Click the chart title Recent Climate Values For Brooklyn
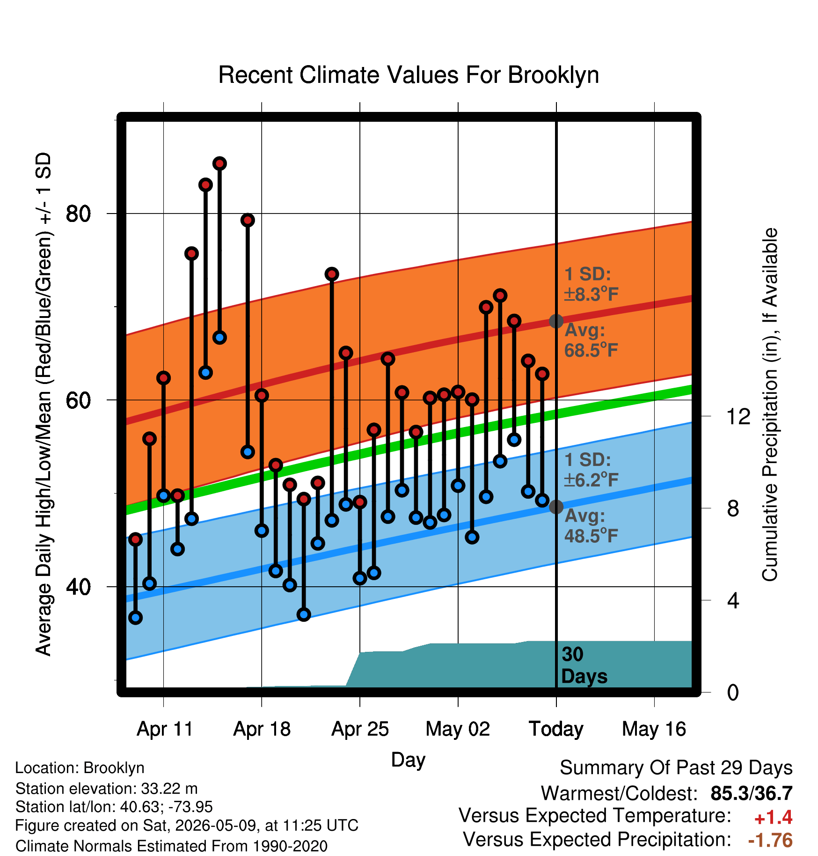click(409, 75)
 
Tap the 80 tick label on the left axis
click(78, 214)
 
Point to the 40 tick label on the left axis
click(78, 587)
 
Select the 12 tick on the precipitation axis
click(738, 416)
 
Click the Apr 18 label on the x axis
click(262, 729)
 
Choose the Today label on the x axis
click(556, 729)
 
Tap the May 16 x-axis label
click(654, 729)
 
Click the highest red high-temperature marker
click(219, 163)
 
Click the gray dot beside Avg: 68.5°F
click(556, 321)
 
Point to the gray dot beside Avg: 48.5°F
click(556, 507)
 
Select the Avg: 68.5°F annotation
click(591, 340)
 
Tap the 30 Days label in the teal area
click(584, 665)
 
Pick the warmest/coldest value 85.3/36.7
click(752, 793)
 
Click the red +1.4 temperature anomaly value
click(773, 818)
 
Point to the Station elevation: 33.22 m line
click(107, 789)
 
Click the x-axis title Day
click(408, 760)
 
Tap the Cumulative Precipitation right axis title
click(770, 405)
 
